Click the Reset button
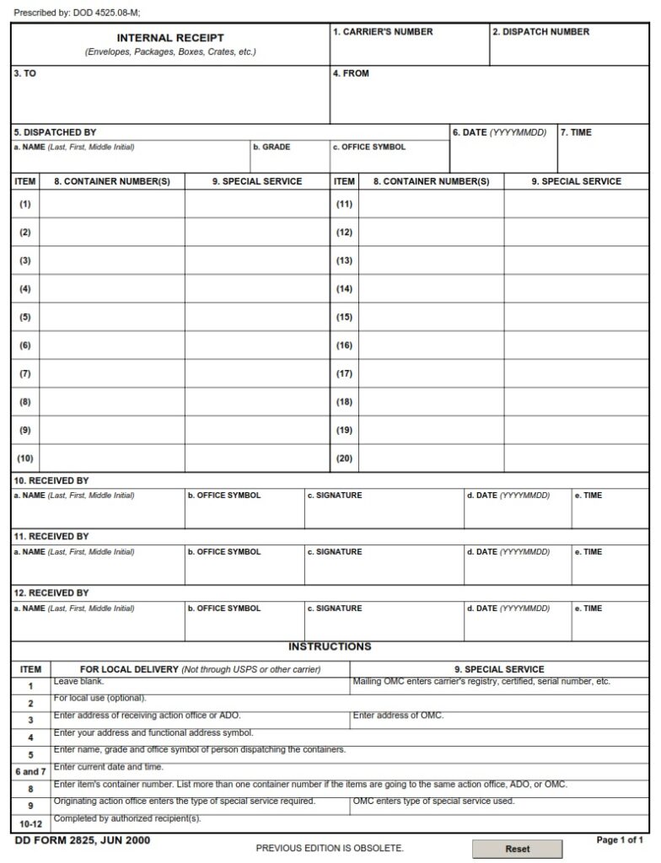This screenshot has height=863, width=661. [517, 849]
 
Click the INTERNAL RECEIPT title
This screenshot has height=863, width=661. [170, 38]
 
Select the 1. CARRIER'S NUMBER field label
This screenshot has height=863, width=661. [383, 32]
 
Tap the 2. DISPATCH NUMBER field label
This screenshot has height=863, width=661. [540, 32]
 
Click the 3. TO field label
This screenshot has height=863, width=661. [24, 74]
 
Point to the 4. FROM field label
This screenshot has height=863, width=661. [351, 74]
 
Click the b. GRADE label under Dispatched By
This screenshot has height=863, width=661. [271, 147]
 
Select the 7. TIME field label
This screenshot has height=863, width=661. [576, 133]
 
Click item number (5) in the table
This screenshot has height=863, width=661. [25, 317]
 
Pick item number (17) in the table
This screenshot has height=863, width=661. [344, 373]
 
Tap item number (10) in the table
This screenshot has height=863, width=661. [25, 458]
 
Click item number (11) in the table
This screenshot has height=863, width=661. [344, 204]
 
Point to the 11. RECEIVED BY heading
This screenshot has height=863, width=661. [51, 537]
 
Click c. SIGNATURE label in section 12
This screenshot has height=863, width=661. [335, 608]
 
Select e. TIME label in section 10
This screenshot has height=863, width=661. [588, 496]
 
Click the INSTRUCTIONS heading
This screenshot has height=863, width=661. [330, 647]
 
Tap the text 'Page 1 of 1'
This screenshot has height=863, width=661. [620, 840]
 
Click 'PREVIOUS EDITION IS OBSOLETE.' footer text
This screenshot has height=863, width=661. [330, 848]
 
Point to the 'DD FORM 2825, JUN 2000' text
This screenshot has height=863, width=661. [83, 840]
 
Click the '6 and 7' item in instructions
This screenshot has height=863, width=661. [30, 771]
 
